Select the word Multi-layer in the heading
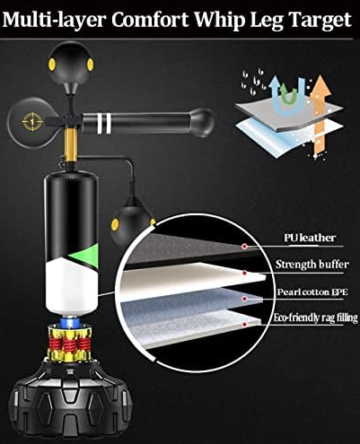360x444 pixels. pyautogui.click(x=55, y=21)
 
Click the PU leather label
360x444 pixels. pyautogui.click(x=310, y=238)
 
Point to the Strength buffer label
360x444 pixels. pyautogui.click(x=312, y=265)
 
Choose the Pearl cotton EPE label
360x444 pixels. pyautogui.click(x=312, y=292)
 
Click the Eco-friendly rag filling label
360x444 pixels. pyautogui.click(x=316, y=318)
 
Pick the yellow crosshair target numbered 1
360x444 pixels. pyautogui.click(x=32, y=121)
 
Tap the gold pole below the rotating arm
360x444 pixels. pyautogui.click(x=71, y=145)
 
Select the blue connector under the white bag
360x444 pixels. pyautogui.click(x=69, y=323)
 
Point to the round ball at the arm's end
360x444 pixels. pyautogui.click(x=202, y=123)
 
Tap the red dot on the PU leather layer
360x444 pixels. pyautogui.click(x=244, y=247)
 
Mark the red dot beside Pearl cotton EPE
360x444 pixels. pyautogui.click(x=244, y=299)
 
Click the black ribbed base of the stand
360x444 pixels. pyautogui.click(x=70, y=402)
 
